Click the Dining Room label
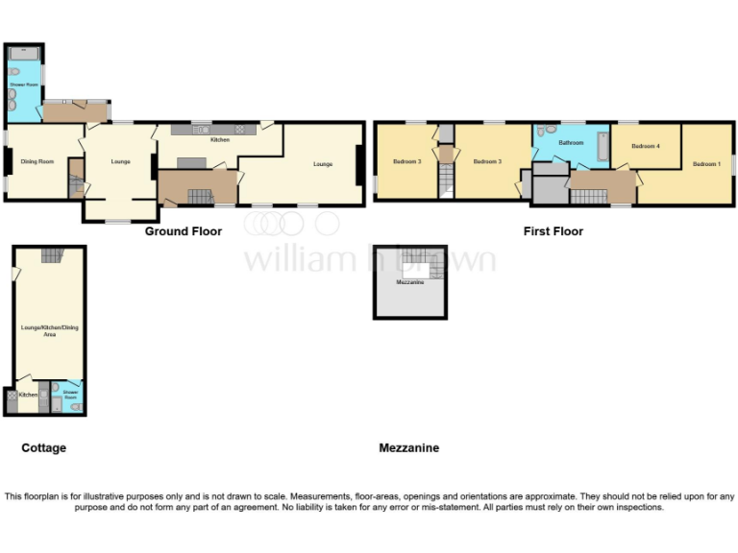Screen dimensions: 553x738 click(x=37, y=161)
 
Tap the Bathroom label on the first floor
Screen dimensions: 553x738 click(x=572, y=143)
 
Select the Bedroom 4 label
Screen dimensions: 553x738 click(x=645, y=146)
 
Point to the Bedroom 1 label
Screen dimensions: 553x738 click(x=706, y=164)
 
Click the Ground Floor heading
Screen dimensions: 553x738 click(x=184, y=231)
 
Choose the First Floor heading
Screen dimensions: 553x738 click(x=553, y=231)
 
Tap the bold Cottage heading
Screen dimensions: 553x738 click(x=44, y=448)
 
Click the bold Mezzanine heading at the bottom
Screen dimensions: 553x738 click(x=408, y=448)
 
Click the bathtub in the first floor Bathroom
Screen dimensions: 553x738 click(x=603, y=145)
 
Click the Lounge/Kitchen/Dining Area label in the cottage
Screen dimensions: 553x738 click(x=50, y=331)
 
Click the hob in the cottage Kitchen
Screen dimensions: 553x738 click(x=12, y=395)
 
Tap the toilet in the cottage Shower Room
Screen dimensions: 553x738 click(x=76, y=407)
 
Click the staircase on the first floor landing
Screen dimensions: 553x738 click(x=589, y=196)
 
